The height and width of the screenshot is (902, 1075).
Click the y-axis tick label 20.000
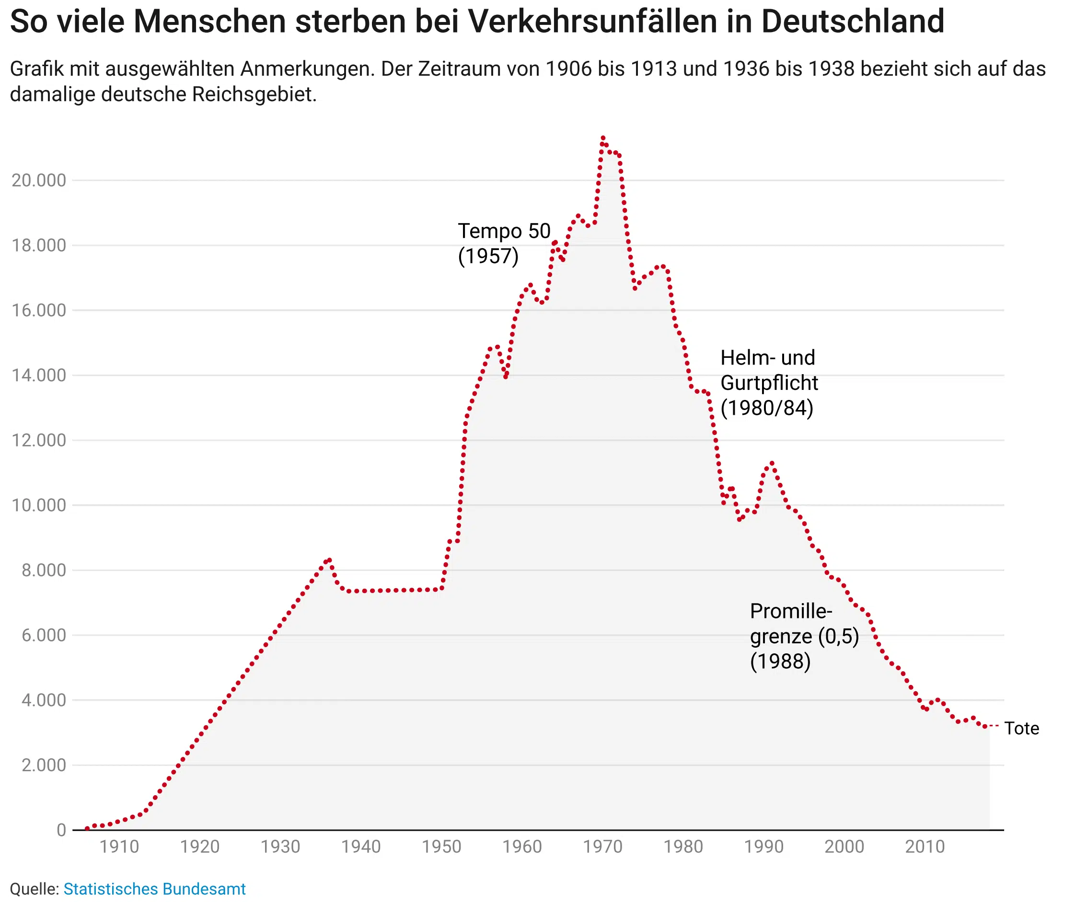click(39, 181)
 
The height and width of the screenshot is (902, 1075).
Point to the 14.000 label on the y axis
click(39, 376)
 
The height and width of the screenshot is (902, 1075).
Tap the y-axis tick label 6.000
click(44, 636)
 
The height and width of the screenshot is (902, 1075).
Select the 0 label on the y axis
click(61, 830)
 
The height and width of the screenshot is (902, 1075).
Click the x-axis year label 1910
click(119, 847)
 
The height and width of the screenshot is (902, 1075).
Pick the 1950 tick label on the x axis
click(442, 847)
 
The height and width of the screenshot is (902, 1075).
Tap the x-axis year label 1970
click(603, 847)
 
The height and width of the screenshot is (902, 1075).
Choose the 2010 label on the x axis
click(925, 847)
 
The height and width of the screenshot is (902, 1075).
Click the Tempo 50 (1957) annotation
click(504, 243)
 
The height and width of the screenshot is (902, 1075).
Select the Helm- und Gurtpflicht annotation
click(769, 383)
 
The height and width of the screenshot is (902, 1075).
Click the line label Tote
click(1022, 729)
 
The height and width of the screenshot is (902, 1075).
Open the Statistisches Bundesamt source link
click(155, 889)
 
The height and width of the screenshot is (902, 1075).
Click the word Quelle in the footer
click(34, 889)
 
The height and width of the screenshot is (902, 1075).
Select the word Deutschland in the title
click(853, 22)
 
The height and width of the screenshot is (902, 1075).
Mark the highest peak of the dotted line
click(603, 138)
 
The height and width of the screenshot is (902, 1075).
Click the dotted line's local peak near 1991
click(772, 463)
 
